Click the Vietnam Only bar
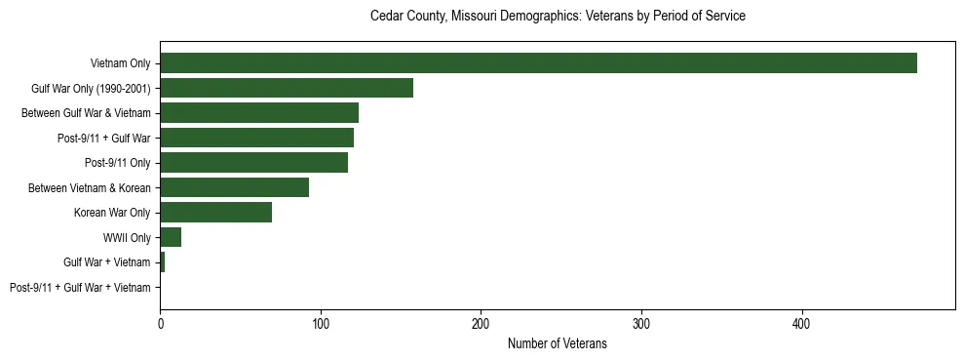point(538,63)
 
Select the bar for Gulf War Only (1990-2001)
point(287,88)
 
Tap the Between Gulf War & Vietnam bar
point(259,113)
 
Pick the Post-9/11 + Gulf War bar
point(256,138)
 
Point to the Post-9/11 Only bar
point(253,163)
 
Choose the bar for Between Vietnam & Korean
point(234,187)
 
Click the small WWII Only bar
point(171,237)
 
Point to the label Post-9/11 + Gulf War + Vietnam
point(80,288)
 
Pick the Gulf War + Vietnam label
point(107,262)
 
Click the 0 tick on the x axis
point(160,323)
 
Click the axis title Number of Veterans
point(557,343)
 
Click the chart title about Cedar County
point(558,17)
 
